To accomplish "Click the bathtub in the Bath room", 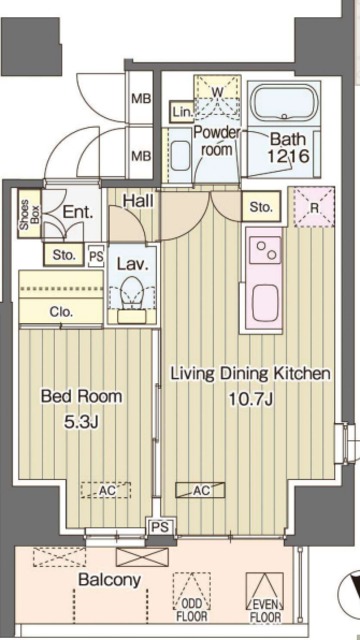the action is [x=284, y=102].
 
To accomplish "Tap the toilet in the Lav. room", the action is [x=131, y=293].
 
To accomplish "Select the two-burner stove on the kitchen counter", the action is [x=265, y=251].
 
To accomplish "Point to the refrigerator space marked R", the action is [x=314, y=207].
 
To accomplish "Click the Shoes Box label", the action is [x=29, y=213].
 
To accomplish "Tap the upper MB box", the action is [x=141, y=98].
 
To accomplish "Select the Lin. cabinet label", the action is [x=181, y=111].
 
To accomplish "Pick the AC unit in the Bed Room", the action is [x=106, y=490].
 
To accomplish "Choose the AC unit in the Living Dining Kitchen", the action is [x=200, y=490].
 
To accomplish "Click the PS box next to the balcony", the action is [x=160, y=526].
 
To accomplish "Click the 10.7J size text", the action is [x=250, y=399].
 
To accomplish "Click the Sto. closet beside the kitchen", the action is [x=261, y=207].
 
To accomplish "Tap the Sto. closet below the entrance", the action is [x=64, y=255].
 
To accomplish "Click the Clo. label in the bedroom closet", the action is [x=62, y=312].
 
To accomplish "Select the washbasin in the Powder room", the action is [x=180, y=156].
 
